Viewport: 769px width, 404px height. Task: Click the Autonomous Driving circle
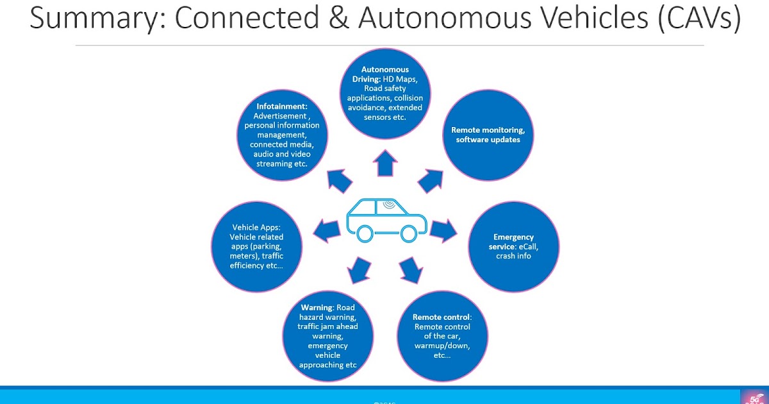click(385, 94)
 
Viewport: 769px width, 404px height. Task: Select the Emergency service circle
click(514, 247)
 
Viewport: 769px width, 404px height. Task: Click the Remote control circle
click(442, 337)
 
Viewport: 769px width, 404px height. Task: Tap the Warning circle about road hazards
click(327, 337)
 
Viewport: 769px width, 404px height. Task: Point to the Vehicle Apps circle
click(256, 247)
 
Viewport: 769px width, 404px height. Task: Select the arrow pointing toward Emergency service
click(443, 230)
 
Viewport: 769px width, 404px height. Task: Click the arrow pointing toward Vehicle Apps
click(327, 230)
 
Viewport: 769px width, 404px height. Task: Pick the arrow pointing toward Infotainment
click(340, 182)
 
